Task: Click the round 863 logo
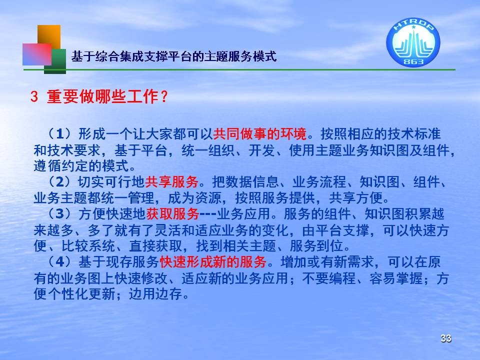point(413,42)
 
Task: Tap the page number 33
point(445,338)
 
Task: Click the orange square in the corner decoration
point(49,36)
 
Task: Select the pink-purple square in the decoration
point(36,54)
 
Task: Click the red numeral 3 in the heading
point(34,96)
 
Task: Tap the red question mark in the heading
point(164,96)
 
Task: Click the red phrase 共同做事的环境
point(260,134)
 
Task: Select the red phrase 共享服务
point(171,182)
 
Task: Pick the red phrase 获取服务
point(172,213)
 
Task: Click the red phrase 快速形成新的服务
point(213,261)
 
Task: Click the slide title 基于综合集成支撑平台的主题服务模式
point(174,56)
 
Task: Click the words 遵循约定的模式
point(81,166)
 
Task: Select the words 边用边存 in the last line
point(155,294)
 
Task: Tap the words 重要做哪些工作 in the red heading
point(102,96)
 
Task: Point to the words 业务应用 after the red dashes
point(243,213)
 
